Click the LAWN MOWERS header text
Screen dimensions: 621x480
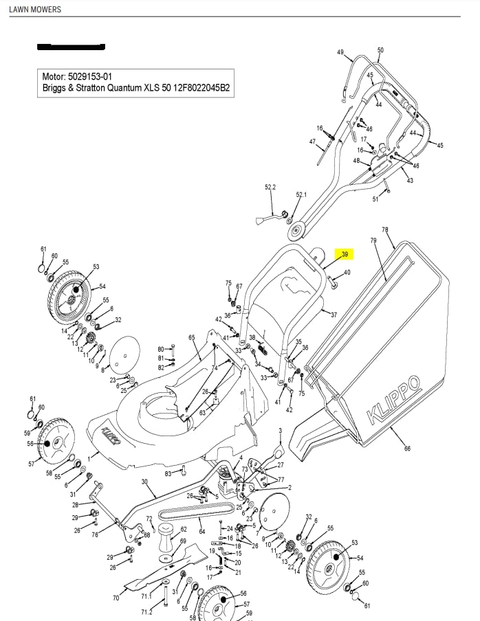34,10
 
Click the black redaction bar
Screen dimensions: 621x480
71,47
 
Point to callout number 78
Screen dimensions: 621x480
384,230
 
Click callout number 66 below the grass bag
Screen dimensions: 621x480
407,449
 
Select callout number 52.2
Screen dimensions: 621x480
270,187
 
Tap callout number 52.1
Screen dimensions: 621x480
301,195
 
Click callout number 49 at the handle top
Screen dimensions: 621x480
340,53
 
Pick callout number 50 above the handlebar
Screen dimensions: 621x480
380,50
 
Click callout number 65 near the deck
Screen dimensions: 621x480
192,337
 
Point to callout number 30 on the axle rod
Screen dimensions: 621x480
144,482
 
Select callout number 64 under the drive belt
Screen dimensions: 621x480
201,531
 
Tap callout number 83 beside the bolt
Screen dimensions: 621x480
168,474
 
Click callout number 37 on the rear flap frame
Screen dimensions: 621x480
334,315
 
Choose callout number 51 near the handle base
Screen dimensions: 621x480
375,200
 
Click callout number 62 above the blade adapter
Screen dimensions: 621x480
184,530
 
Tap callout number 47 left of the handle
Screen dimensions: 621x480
312,142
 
